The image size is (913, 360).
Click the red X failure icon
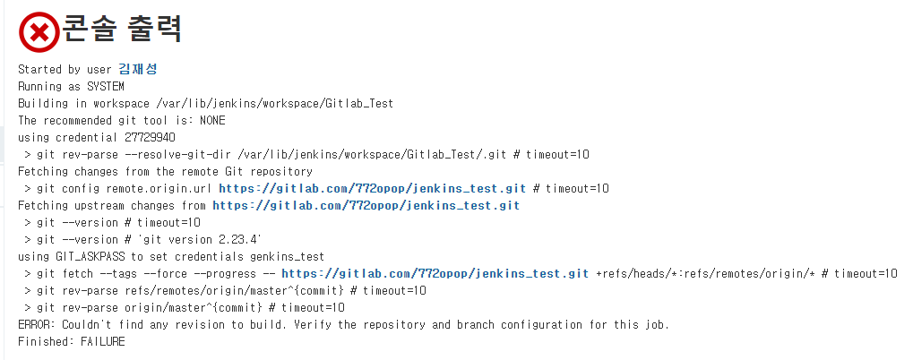[x=39, y=32]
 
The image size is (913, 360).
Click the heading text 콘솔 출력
[x=123, y=30]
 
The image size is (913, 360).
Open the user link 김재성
[x=137, y=69]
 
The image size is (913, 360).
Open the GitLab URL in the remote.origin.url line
[x=372, y=188]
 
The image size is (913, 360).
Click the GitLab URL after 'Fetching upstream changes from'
[x=366, y=205]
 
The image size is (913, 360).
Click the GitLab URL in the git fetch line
[x=435, y=273]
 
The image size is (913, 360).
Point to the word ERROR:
[x=38, y=324]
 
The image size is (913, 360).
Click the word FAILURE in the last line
[x=103, y=341]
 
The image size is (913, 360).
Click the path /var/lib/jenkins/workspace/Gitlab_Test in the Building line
[x=262, y=103]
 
